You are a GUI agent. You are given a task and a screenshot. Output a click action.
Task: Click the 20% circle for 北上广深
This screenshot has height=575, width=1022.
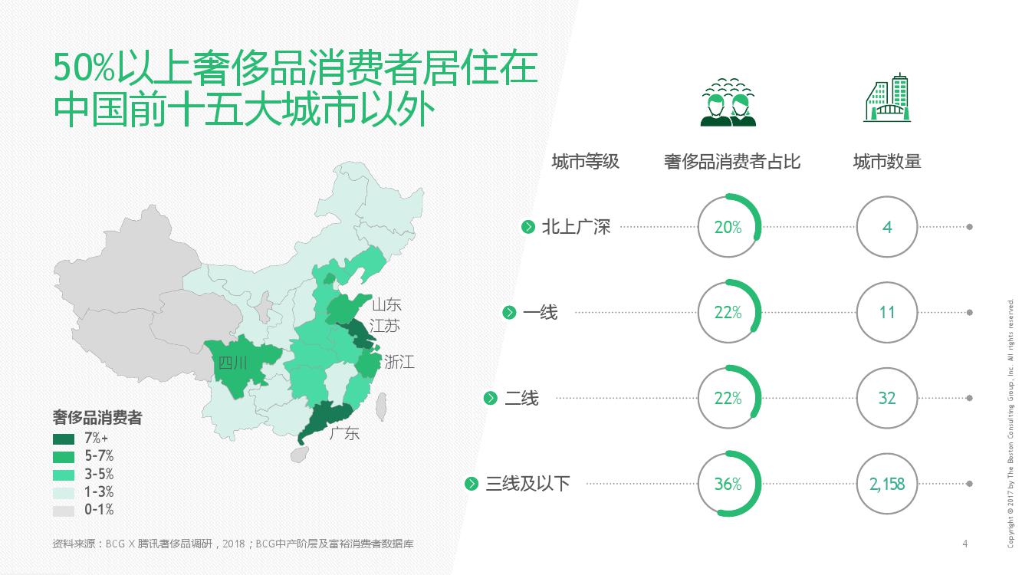728,227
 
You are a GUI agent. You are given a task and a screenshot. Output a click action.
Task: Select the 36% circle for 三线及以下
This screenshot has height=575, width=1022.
728,484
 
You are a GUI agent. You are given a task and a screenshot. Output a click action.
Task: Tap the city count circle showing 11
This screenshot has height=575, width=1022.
887,313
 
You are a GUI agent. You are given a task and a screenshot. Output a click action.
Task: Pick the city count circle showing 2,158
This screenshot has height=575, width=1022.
887,484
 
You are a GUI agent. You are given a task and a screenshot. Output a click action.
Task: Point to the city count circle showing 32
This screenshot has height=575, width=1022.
887,398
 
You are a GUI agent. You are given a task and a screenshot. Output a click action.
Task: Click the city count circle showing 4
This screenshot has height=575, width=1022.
887,227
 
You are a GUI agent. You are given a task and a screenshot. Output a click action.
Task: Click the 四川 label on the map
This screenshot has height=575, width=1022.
233,363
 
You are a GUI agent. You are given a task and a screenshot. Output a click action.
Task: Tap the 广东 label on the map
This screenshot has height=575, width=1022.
344,433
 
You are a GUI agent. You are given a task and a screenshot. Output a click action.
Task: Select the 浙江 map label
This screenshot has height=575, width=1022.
399,362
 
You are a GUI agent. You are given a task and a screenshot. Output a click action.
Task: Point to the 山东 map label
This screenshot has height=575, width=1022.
386,304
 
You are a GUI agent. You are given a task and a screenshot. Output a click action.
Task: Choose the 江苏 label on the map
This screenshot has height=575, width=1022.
384,326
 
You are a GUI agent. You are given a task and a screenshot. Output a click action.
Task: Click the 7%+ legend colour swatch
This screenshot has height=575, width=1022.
64,439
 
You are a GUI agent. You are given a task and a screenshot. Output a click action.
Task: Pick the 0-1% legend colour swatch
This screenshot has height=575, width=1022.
64,510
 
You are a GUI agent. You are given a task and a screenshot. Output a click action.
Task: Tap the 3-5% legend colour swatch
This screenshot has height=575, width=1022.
64,475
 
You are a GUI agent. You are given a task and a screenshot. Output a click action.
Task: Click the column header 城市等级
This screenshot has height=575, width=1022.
585,162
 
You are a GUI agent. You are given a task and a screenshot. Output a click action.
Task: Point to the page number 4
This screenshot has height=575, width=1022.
964,544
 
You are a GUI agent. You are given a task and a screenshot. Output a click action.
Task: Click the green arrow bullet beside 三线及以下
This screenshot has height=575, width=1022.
472,484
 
